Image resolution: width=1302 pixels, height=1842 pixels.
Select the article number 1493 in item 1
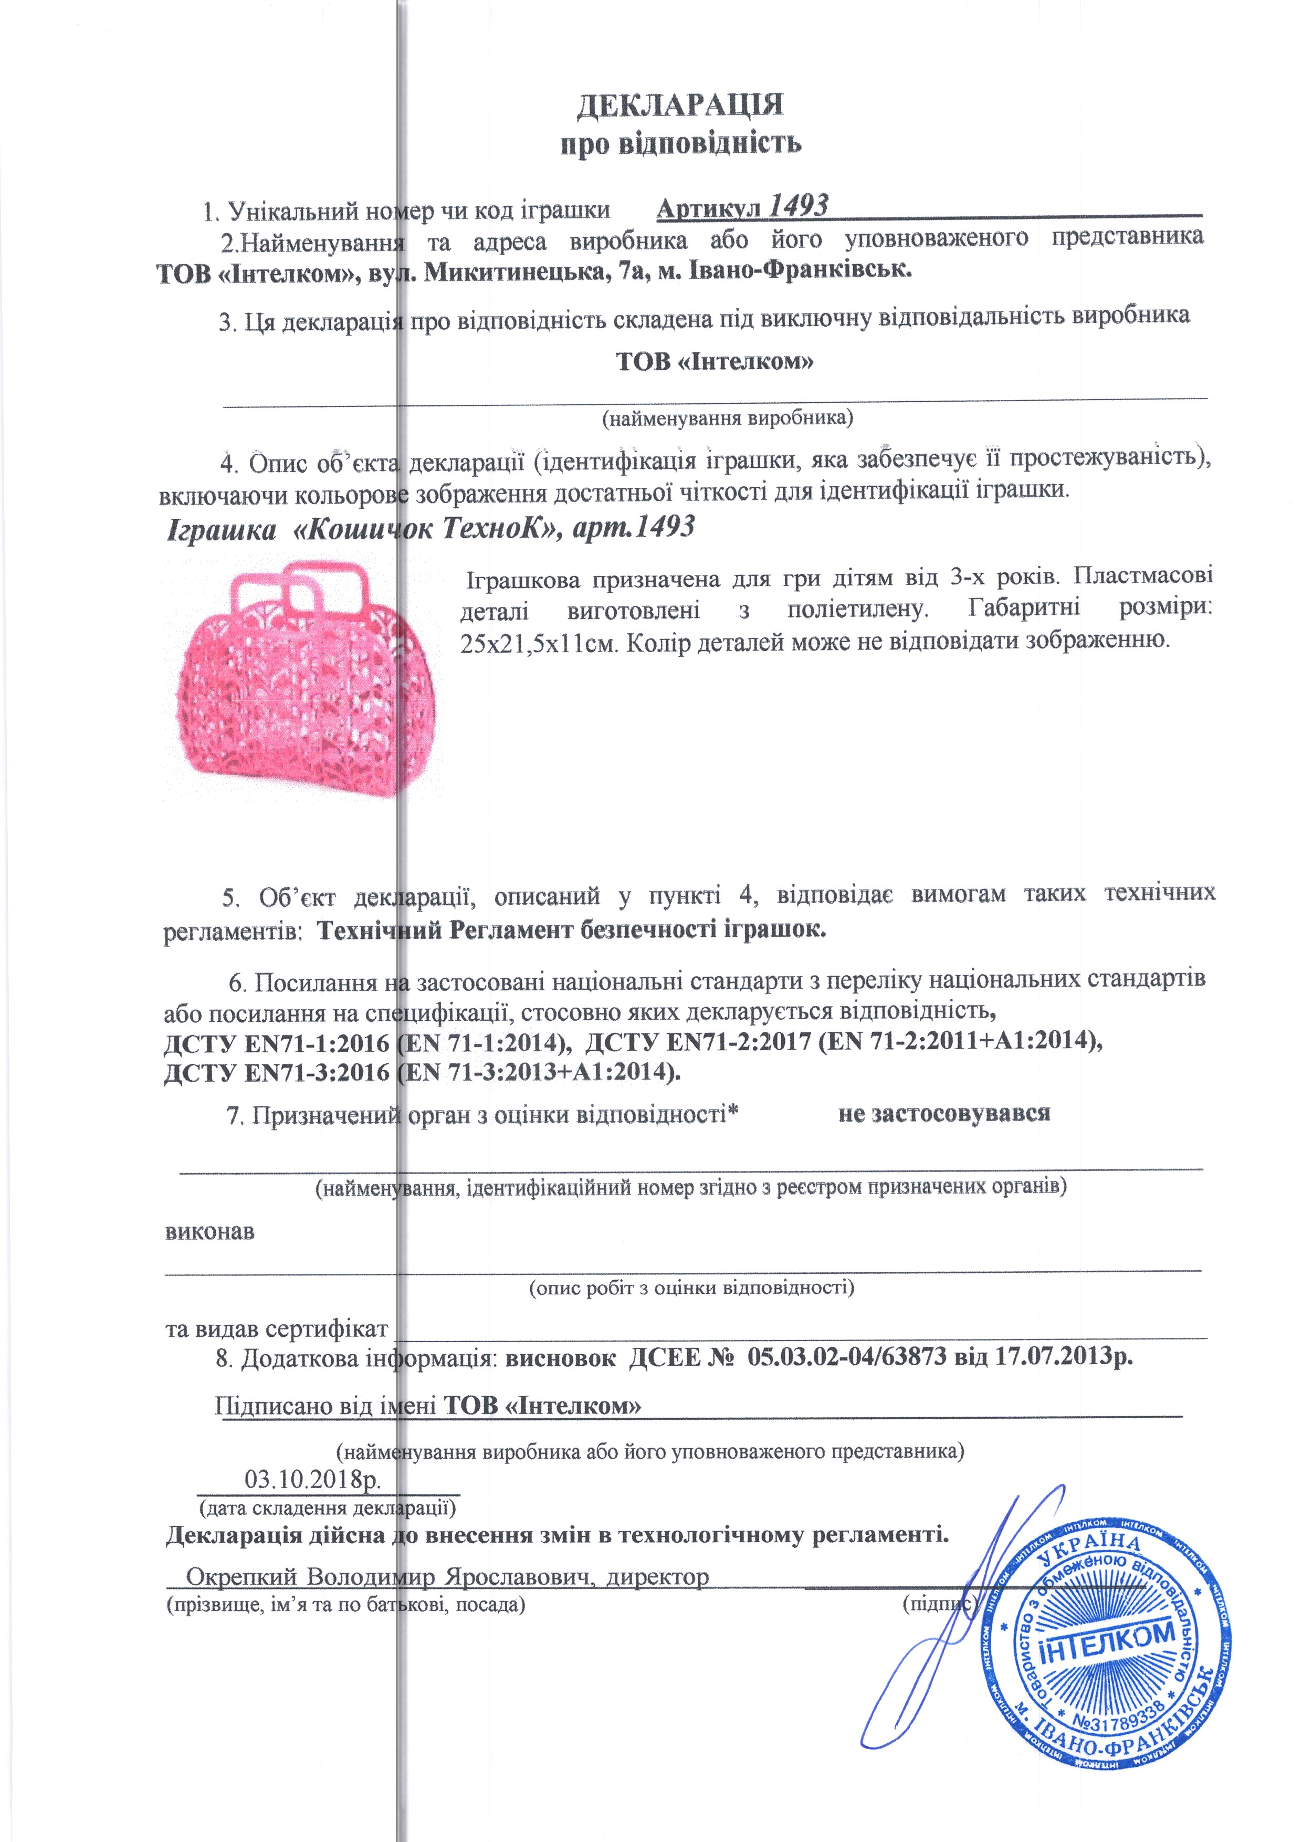tap(798, 207)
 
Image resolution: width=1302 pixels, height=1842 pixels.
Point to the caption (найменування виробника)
tap(727, 418)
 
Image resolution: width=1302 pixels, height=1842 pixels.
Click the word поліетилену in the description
tap(857, 610)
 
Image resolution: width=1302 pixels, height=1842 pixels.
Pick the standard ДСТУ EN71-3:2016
tap(277, 1073)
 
